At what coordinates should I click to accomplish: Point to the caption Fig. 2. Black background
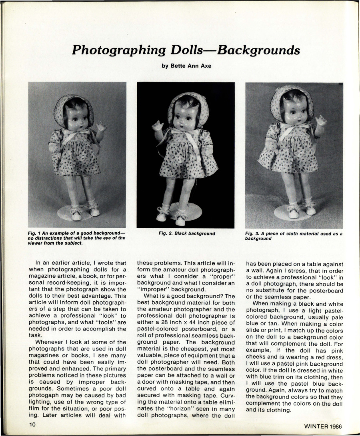[186, 233]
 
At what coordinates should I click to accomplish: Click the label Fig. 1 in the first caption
[35, 233]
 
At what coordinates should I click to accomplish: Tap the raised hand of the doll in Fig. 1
[101, 127]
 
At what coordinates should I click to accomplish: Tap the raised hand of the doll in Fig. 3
[321, 120]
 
